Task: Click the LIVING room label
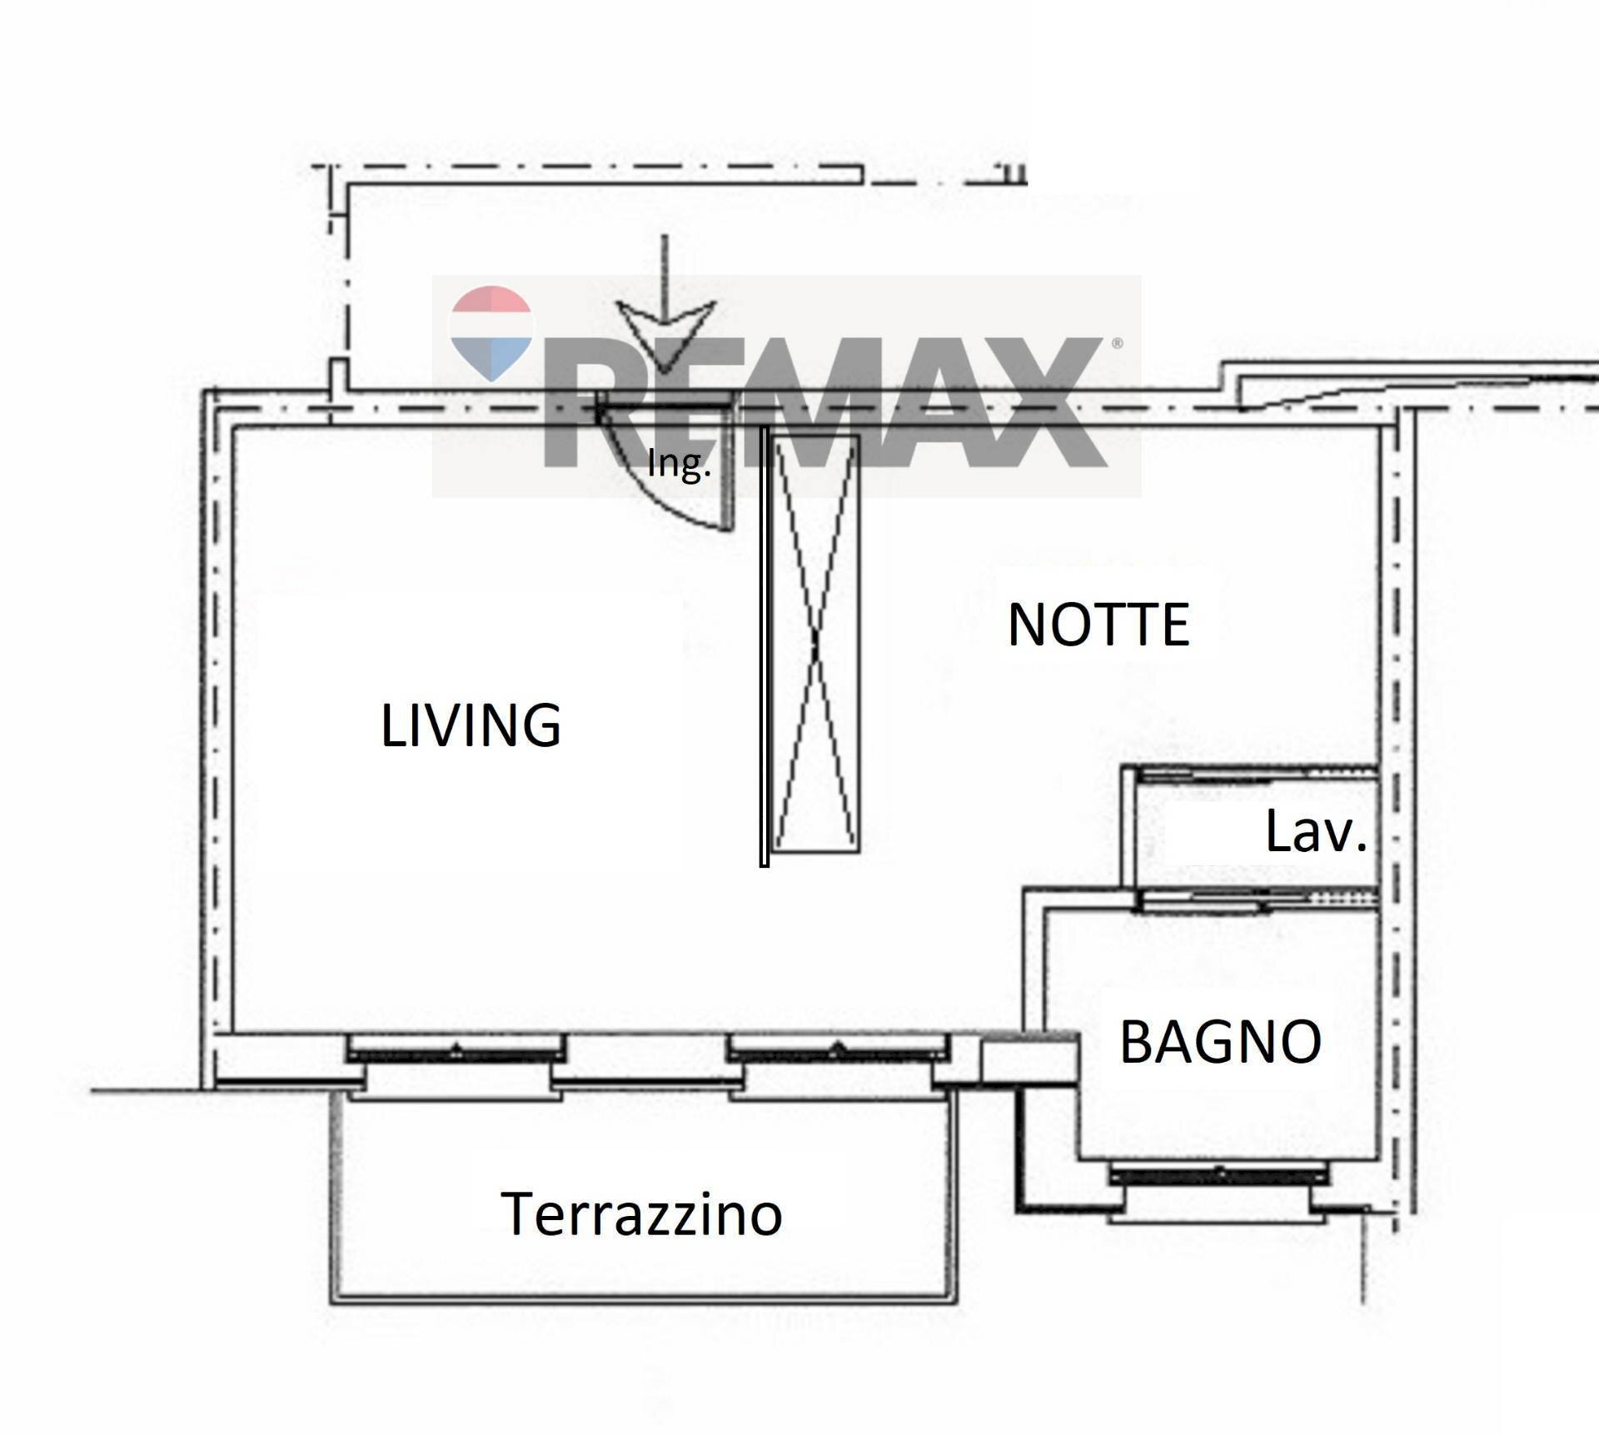click(471, 725)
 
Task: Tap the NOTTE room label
click(1098, 625)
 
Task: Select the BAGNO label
click(1221, 1041)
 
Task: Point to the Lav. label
click(1317, 831)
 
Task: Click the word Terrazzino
click(641, 1213)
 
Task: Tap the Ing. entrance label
click(679, 465)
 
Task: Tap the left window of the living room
click(456, 1049)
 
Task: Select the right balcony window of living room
click(839, 1049)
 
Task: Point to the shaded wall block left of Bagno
click(1030, 1058)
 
